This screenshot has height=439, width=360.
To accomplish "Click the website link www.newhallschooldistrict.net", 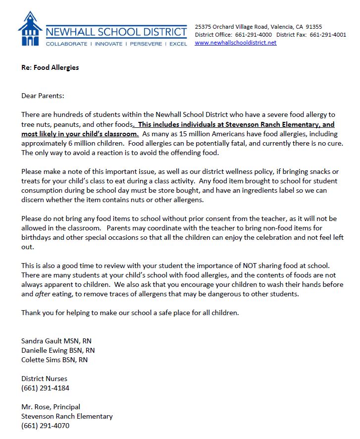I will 236,43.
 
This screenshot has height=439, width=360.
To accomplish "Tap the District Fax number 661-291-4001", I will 328,35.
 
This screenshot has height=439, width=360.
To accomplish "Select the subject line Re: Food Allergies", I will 50,67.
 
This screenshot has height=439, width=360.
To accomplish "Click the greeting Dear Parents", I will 43,96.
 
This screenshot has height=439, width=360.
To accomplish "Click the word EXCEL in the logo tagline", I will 177,44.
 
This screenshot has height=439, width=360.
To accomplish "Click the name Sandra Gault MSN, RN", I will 56,341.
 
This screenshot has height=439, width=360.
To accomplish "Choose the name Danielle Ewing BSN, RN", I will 58,350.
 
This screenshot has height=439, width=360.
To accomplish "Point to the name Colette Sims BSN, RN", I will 54,360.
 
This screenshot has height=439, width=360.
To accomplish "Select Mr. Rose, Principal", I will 51,407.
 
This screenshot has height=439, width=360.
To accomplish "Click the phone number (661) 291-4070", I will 46,426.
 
